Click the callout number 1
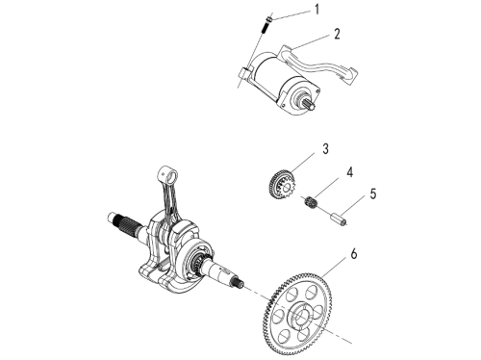[316, 10]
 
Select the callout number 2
[337, 34]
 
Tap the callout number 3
[325, 149]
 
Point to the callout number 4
[350, 172]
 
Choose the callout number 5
[373, 193]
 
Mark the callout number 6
[354, 253]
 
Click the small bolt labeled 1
[267, 24]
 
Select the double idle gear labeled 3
[282, 185]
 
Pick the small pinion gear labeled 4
[311, 203]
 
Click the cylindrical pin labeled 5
[340, 220]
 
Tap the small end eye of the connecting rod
[169, 175]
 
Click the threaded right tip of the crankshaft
[239, 282]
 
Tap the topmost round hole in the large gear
[311, 292]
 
